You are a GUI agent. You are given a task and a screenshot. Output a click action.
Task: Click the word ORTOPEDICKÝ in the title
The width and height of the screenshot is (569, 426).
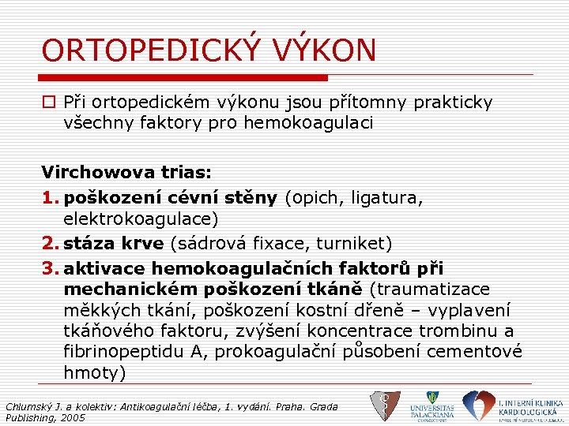149,51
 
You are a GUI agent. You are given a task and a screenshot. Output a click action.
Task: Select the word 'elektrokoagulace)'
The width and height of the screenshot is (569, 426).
141,219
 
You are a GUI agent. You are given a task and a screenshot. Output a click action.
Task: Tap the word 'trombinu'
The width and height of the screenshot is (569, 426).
465,331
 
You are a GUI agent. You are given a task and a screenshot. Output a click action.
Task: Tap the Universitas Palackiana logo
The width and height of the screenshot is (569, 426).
431,405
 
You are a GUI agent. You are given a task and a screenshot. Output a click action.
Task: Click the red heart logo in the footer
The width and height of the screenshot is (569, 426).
477,405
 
